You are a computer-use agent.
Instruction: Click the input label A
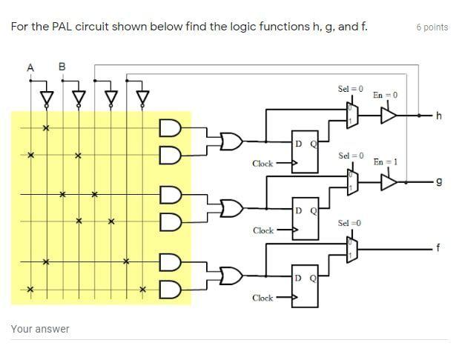tap(30, 68)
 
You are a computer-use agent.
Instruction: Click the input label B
tap(62, 67)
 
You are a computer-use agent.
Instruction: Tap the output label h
tap(438, 116)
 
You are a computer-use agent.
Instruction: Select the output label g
tap(439, 182)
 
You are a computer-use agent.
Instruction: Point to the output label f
tap(438, 247)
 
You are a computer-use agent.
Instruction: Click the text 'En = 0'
tap(386, 95)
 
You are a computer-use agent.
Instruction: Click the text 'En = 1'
tap(386, 161)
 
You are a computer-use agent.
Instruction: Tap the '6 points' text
tap(432, 27)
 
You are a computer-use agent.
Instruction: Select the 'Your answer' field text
tap(40, 329)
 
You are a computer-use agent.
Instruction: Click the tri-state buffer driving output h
tap(389, 116)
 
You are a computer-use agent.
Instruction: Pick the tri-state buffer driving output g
tap(389, 182)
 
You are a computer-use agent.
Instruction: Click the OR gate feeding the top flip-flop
tap(231, 141)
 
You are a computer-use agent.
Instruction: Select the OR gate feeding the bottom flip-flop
tap(231, 276)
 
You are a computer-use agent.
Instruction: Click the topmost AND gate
tap(171, 128)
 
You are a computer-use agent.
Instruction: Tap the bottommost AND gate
tap(171, 290)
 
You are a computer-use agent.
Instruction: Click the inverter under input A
tap(47, 99)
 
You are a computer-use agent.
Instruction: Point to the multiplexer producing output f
tap(352, 250)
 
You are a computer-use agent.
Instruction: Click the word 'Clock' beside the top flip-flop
tap(262, 164)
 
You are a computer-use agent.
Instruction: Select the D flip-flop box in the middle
tap(306, 219)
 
